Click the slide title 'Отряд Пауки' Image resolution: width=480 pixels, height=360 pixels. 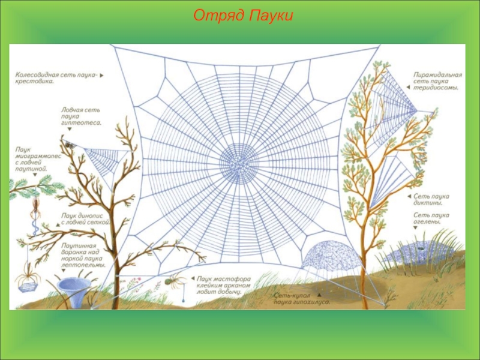[x=242, y=16]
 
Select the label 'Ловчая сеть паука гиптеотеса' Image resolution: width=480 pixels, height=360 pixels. [x=82, y=116]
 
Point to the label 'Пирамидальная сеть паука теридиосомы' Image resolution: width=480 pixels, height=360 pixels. [x=437, y=80]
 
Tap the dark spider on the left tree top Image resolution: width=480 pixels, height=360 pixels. [x=70, y=144]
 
